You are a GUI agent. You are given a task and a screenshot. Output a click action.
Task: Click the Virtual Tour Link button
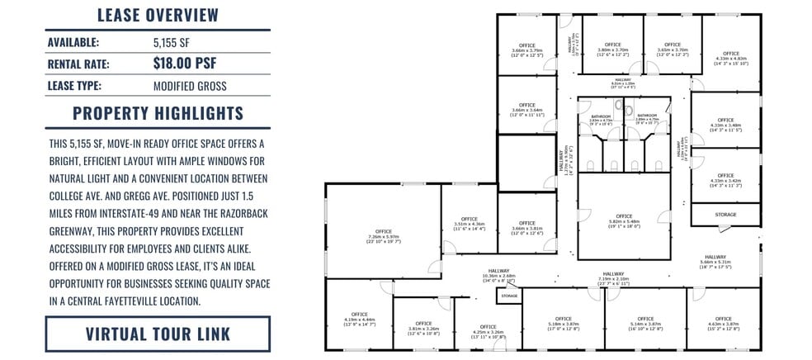tap(158, 334)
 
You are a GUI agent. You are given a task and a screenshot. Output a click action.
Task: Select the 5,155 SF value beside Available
tap(172, 41)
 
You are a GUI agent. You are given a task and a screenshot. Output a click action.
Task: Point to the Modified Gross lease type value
tap(190, 85)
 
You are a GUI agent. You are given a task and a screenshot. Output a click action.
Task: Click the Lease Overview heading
tap(158, 15)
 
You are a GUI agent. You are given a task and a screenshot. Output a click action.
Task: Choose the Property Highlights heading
tap(158, 113)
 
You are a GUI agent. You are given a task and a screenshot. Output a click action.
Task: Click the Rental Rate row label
tap(78, 64)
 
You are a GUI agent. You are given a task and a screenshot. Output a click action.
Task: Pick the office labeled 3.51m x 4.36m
tap(469, 220)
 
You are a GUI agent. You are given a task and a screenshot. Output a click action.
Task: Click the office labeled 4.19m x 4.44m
tap(359, 318)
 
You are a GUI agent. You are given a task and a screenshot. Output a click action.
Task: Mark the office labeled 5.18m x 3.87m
tap(563, 322)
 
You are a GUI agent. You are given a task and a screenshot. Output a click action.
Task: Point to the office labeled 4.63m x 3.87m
tap(723, 322)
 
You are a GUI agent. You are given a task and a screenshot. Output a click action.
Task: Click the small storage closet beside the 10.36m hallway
tap(509, 295)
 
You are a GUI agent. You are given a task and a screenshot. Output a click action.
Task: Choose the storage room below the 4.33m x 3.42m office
tap(725, 215)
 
